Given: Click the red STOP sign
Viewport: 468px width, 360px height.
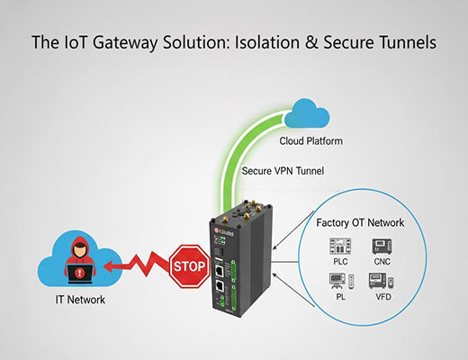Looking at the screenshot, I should coord(187,266).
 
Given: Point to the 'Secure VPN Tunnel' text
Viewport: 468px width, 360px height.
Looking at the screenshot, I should coord(283,170).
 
